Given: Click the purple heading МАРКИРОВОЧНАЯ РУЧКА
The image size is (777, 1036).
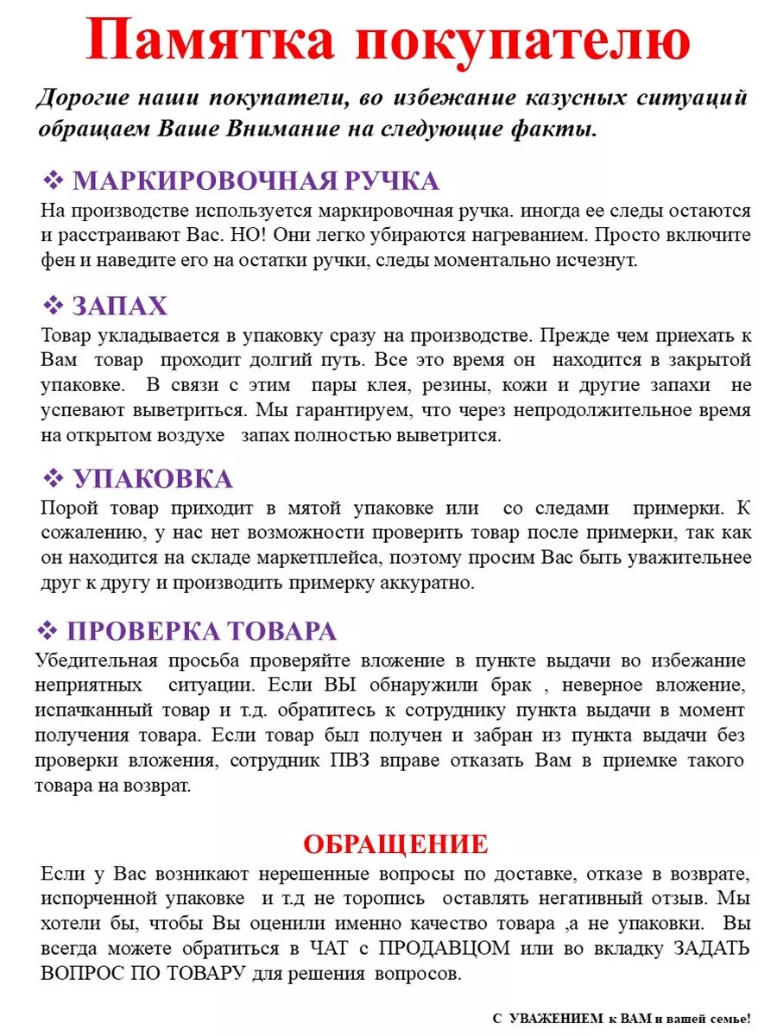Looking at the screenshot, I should click(x=256, y=181).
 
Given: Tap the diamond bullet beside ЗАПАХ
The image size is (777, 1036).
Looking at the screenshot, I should click(x=54, y=306).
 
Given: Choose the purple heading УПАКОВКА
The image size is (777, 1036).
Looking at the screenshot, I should click(x=152, y=479).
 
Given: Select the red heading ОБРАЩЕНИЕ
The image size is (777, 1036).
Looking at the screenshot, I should click(x=395, y=843).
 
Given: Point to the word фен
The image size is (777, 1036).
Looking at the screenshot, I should click(x=56, y=260).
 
